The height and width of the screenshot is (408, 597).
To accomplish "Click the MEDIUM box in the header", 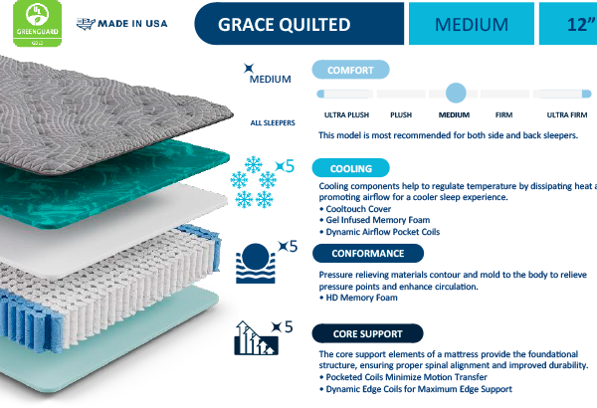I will (x=468, y=24).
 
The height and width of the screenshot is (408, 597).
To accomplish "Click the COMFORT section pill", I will (x=349, y=69).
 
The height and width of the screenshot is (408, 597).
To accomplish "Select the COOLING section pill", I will (x=349, y=168).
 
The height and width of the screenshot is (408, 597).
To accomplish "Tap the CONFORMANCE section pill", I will (x=367, y=253).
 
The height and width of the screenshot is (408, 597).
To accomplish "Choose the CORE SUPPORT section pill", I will (x=366, y=332).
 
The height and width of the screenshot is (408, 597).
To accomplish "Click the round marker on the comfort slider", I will (x=456, y=93).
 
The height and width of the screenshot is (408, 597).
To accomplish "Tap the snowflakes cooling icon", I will (x=251, y=181).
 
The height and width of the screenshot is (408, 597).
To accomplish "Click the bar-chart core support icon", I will (x=255, y=337).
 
